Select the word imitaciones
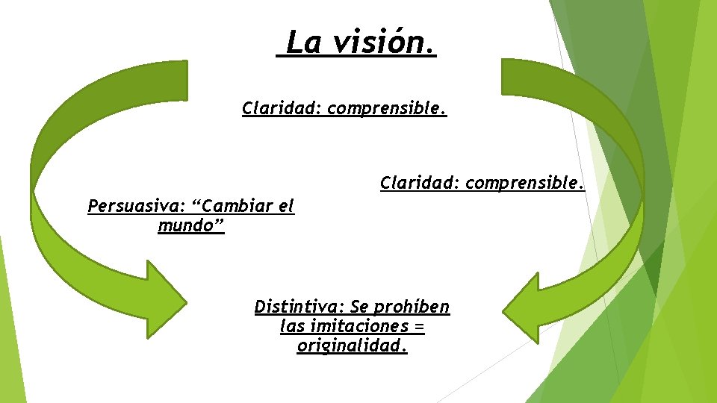click(x=363, y=326)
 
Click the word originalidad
click(x=350, y=346)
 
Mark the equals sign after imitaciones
click(x=419, y=328)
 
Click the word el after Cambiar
click(x=287, y=206)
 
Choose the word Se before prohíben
click(x=361, y=307)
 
